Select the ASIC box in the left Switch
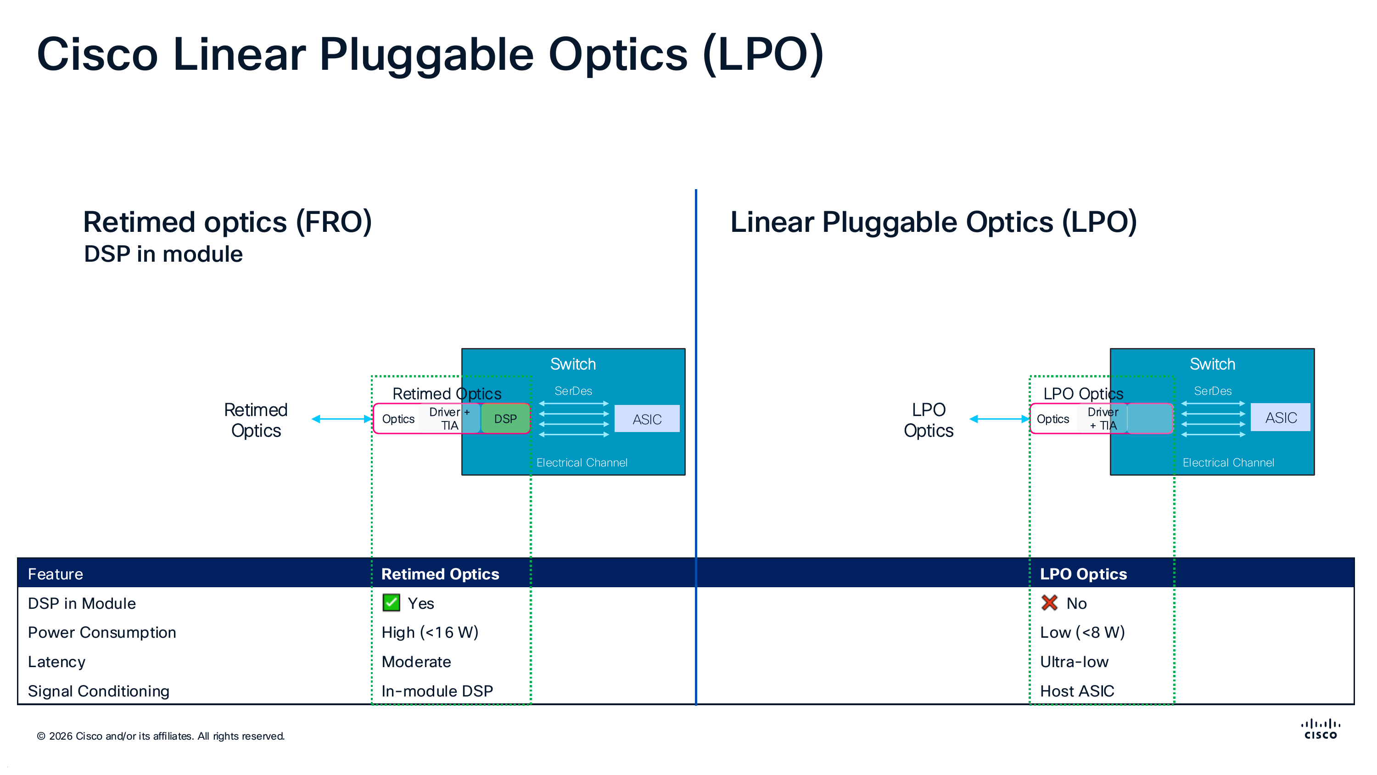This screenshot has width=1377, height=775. (x=647, y=419)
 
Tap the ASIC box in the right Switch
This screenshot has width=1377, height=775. (x=1280, y=417)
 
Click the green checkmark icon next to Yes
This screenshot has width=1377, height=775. (x=391, y=603)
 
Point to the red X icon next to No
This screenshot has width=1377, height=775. (x=1049, y=603)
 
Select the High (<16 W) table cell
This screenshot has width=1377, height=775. (x=430, y=632)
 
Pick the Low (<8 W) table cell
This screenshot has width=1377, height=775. (x=1082, y=632)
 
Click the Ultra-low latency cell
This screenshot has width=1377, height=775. (x=1074, y=662)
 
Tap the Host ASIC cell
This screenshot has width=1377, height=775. (x=1076, y=691)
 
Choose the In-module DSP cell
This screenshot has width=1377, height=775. (x=437, y=691)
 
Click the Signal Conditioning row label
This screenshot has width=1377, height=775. (x=98, y=691)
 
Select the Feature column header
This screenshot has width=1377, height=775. (x=56, y=574)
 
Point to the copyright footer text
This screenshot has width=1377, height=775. (x=160, y=736)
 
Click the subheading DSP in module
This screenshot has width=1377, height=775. (x=163, y=254)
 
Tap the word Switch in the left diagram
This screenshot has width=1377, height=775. (x=572, y=364)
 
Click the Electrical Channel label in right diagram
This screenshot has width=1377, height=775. (x=1228, y=463)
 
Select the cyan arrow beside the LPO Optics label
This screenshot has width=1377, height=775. (x=998, y=419)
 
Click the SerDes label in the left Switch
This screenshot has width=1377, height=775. (x=573, y=391)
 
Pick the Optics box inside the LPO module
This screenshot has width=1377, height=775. (x=1052, y=419)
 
